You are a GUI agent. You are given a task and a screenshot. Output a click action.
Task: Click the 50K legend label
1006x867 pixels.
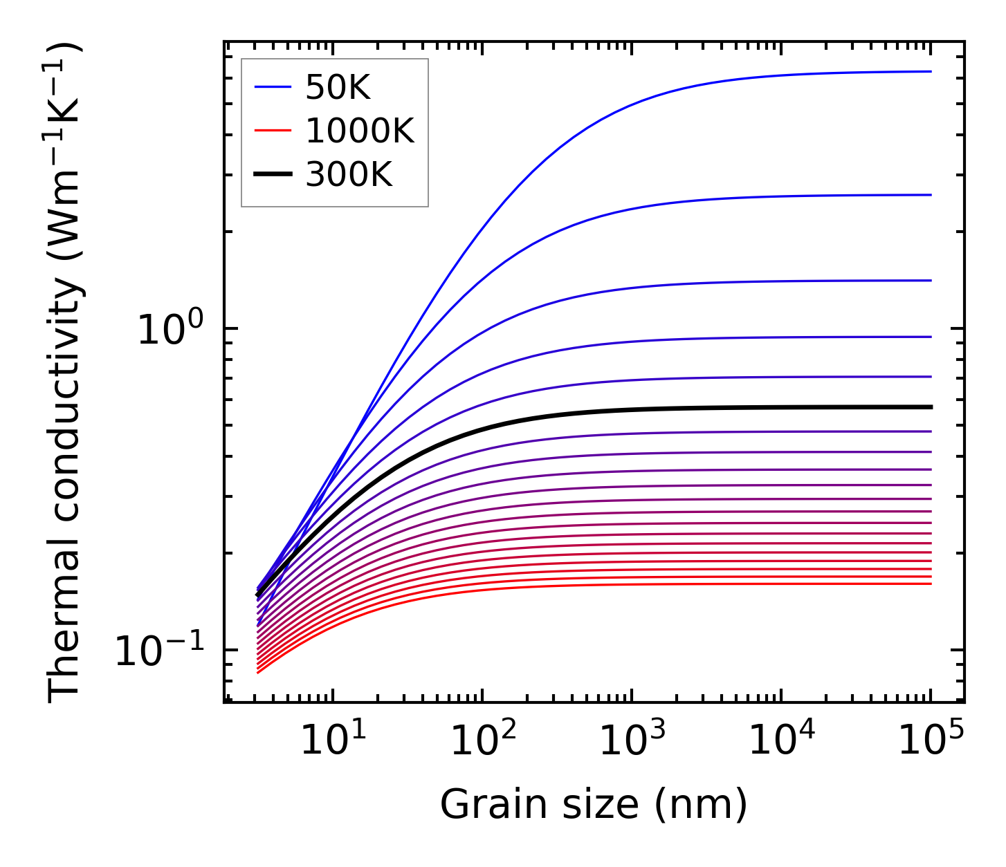click(338, 88)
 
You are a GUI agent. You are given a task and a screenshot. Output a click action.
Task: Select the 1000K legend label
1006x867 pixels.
click(360, 131)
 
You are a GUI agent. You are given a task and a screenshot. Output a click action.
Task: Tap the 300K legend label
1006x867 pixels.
click(349, 175)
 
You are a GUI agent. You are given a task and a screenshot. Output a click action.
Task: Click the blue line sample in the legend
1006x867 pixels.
click(273, 87)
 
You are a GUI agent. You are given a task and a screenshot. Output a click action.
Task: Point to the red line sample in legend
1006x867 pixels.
click(273, 131)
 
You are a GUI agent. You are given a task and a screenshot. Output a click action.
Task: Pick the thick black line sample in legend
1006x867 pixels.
click(273, 175)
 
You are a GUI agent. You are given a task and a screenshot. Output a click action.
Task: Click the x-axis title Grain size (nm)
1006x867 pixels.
click(594, 805)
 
